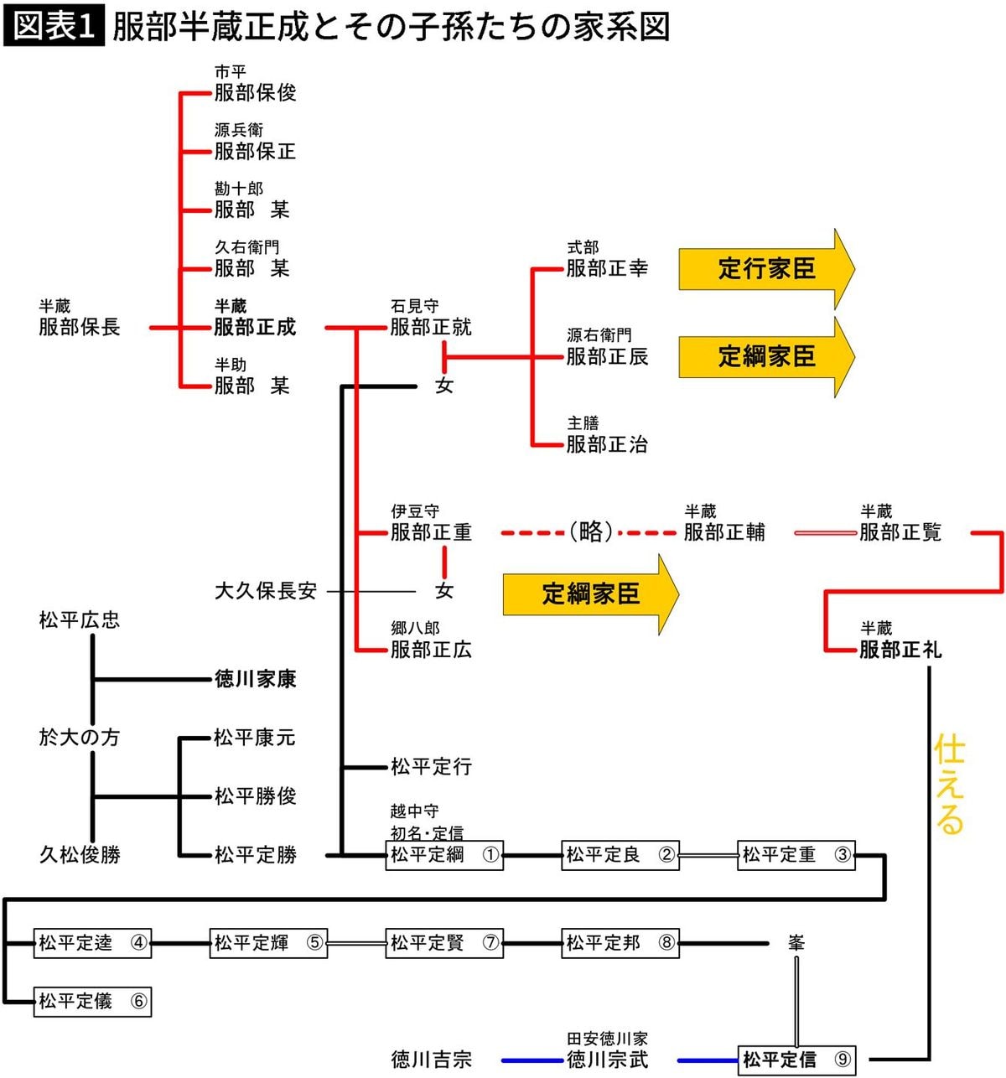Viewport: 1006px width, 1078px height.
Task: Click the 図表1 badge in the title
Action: point(54,26)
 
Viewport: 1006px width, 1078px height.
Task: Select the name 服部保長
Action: point(80,327)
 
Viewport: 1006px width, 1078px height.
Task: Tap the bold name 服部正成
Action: point(255,327)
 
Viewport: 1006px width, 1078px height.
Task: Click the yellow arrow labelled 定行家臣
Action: point(765,269)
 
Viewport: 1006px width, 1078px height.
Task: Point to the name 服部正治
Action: point(607,444)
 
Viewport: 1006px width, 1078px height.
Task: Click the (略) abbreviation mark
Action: point(590,531)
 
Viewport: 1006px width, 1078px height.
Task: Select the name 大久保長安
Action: point(266,591)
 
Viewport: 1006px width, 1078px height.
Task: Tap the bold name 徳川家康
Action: point(255,679)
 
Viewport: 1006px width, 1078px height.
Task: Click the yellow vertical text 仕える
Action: point(950,785)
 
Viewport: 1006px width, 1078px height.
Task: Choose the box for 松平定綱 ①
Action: point(444,855)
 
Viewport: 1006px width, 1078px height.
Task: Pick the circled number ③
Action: point(843,855)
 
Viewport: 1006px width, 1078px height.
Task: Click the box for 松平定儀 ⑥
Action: point(92,1001)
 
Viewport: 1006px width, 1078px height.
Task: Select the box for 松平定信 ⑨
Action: point(796,1060)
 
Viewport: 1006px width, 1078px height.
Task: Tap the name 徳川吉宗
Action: point(431,1060)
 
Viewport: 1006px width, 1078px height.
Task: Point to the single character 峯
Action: point(796,943)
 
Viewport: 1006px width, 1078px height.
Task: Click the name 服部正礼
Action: point(900,650)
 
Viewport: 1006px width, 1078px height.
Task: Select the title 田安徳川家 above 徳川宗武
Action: point(607,1039)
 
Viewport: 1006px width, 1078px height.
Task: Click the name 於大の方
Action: point(80,738)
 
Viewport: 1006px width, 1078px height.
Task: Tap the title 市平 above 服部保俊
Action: point(230,72)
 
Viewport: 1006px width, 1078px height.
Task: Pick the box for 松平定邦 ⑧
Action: point(620,943)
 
